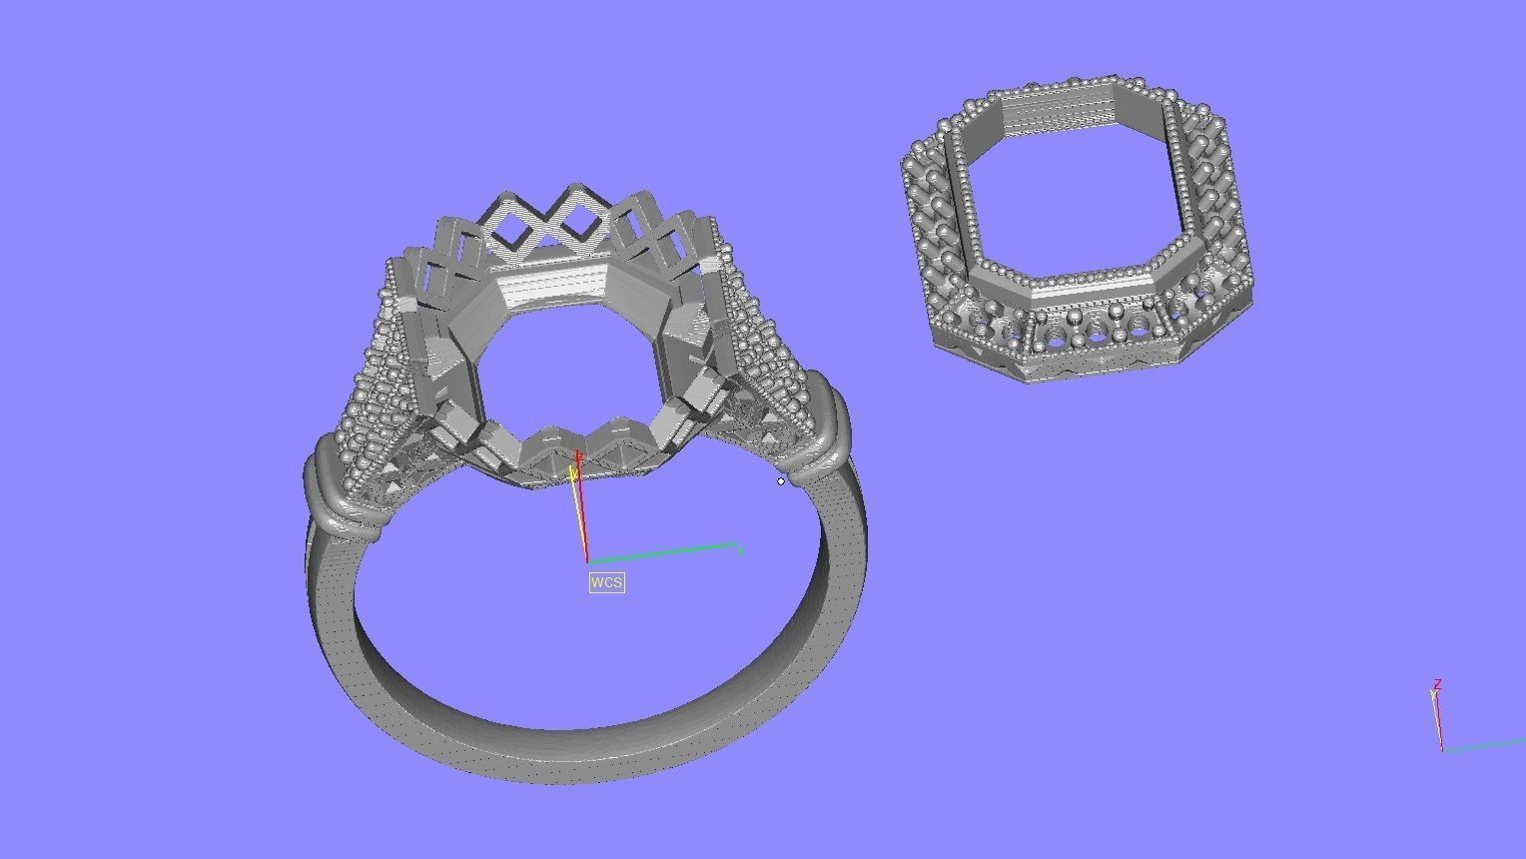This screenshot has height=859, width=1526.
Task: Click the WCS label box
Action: click(x=606, y=582)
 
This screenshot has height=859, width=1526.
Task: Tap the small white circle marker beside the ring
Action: click(x=781, y=481)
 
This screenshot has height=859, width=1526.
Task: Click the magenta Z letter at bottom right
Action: click(x=1437, y=685)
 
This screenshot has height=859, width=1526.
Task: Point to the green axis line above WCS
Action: click(x=664, y=551)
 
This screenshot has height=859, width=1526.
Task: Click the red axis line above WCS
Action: click(x=581, y=519)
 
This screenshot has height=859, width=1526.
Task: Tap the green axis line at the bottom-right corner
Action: click(x=1488, y=744)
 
